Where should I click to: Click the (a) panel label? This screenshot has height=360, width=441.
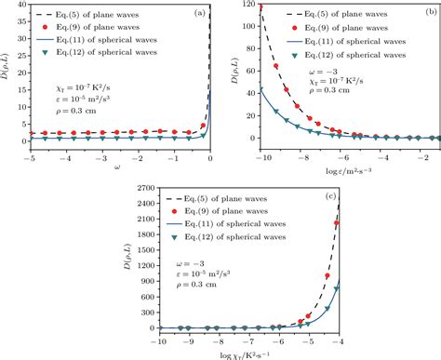click(x=200, y=12)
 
